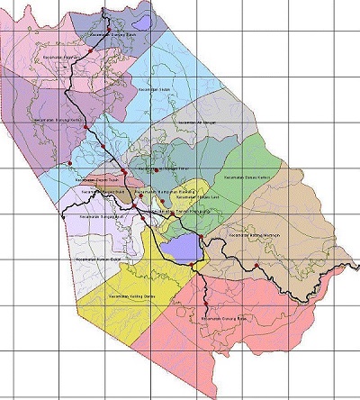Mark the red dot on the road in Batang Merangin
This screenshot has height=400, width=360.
(256, 265)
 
